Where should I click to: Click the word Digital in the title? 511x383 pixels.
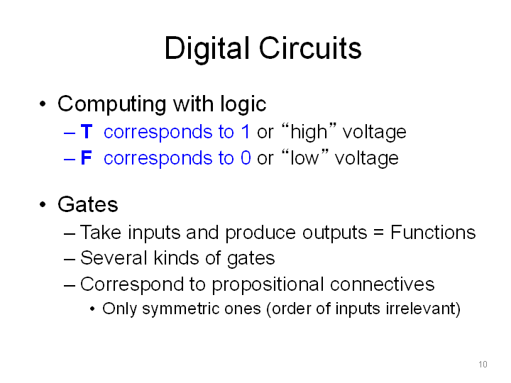click(x=207, y=49)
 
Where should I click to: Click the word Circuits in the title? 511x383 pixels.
click(x=310, y=48)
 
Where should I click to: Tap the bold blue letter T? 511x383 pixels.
click(x=87, y=132)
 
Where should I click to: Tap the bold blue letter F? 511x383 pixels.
click(x=86, y=157)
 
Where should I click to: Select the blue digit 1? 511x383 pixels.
click(x=246, y=132)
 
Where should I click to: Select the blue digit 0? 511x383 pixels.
click(x=246, y=157)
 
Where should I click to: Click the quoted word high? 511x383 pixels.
click(x=309, y=132)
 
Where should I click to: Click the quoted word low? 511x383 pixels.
click(x=304, y=158)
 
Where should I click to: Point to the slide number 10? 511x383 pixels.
click(x=483, y=364)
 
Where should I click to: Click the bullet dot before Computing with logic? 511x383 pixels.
click(x=43, y=104)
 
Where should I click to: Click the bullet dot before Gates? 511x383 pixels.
click(x=43, y=204)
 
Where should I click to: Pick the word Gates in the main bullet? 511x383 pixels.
click(x=88, y=204)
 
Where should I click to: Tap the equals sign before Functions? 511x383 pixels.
click(x=378, y=233)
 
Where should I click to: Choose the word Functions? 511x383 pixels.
click(x=433, y=232)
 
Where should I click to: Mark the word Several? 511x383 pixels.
click(x=114, y=258)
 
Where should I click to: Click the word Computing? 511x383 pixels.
click(x=112, y=105)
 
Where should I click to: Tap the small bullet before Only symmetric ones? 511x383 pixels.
click(x=92, y=309)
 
